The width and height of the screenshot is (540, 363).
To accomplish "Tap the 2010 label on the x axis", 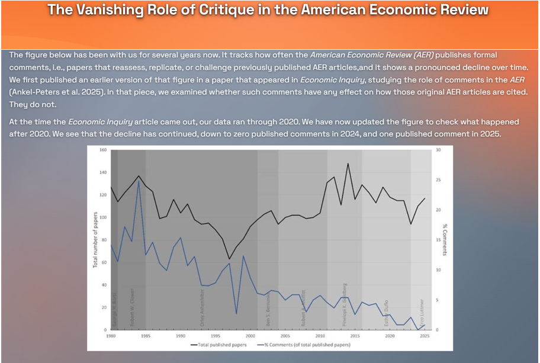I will [319, 336].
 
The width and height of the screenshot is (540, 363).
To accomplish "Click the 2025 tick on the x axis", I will [425, 336].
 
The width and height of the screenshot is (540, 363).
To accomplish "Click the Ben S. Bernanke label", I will [268, 311].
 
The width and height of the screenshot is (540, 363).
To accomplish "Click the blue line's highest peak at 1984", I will [139, 180].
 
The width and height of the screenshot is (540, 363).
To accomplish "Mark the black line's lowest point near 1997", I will [230, 259].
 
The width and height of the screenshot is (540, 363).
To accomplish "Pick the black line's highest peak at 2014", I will [348, 163].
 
